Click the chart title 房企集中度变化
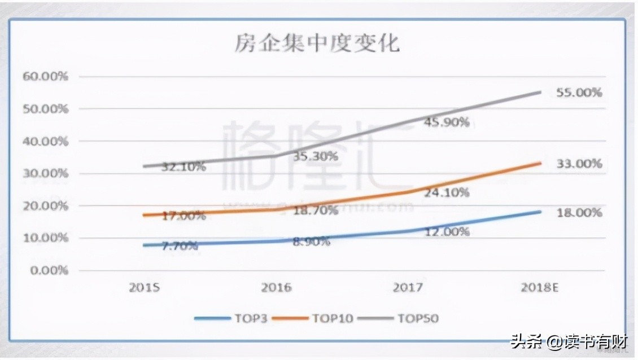point(317,43)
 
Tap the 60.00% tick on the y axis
point(45,76)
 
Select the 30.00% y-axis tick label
point(45,173)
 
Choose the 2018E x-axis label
point(539,288)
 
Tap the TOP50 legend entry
point(401,318)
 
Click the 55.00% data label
point(579,93)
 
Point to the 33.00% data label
point(579,164)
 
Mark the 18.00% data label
point(579,213)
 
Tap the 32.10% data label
point(182,167)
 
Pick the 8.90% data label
point(312,241)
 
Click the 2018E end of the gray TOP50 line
point(540,92)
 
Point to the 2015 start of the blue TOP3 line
point(145,245)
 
